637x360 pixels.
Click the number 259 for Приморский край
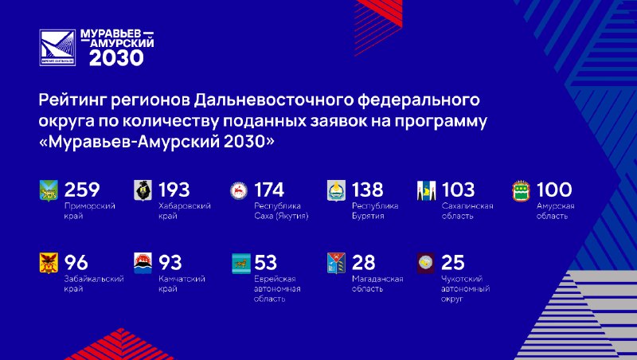[82, 190]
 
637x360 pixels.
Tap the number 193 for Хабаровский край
[174, 190]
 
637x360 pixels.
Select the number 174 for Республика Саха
[269, 190]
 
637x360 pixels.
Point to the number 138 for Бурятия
[367, 190]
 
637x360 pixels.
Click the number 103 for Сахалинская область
[458, 190]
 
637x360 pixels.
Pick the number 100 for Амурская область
[554, 190]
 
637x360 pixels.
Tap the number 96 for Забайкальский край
[76, 263]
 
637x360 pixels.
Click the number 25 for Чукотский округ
[452, 263]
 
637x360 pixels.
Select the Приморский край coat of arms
[49, 191]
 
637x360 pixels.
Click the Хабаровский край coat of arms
[143, 190]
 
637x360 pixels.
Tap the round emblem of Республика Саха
[239, 191]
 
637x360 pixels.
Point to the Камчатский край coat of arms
[143, 263]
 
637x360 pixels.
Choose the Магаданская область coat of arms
[336, 263]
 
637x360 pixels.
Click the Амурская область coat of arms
[522, 191]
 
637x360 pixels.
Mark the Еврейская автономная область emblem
[241, 264]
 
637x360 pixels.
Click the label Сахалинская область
[467, 211]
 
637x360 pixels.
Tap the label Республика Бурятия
[375, 211]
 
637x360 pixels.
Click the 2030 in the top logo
[116, 57]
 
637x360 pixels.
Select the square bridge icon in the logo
[57, 47]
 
